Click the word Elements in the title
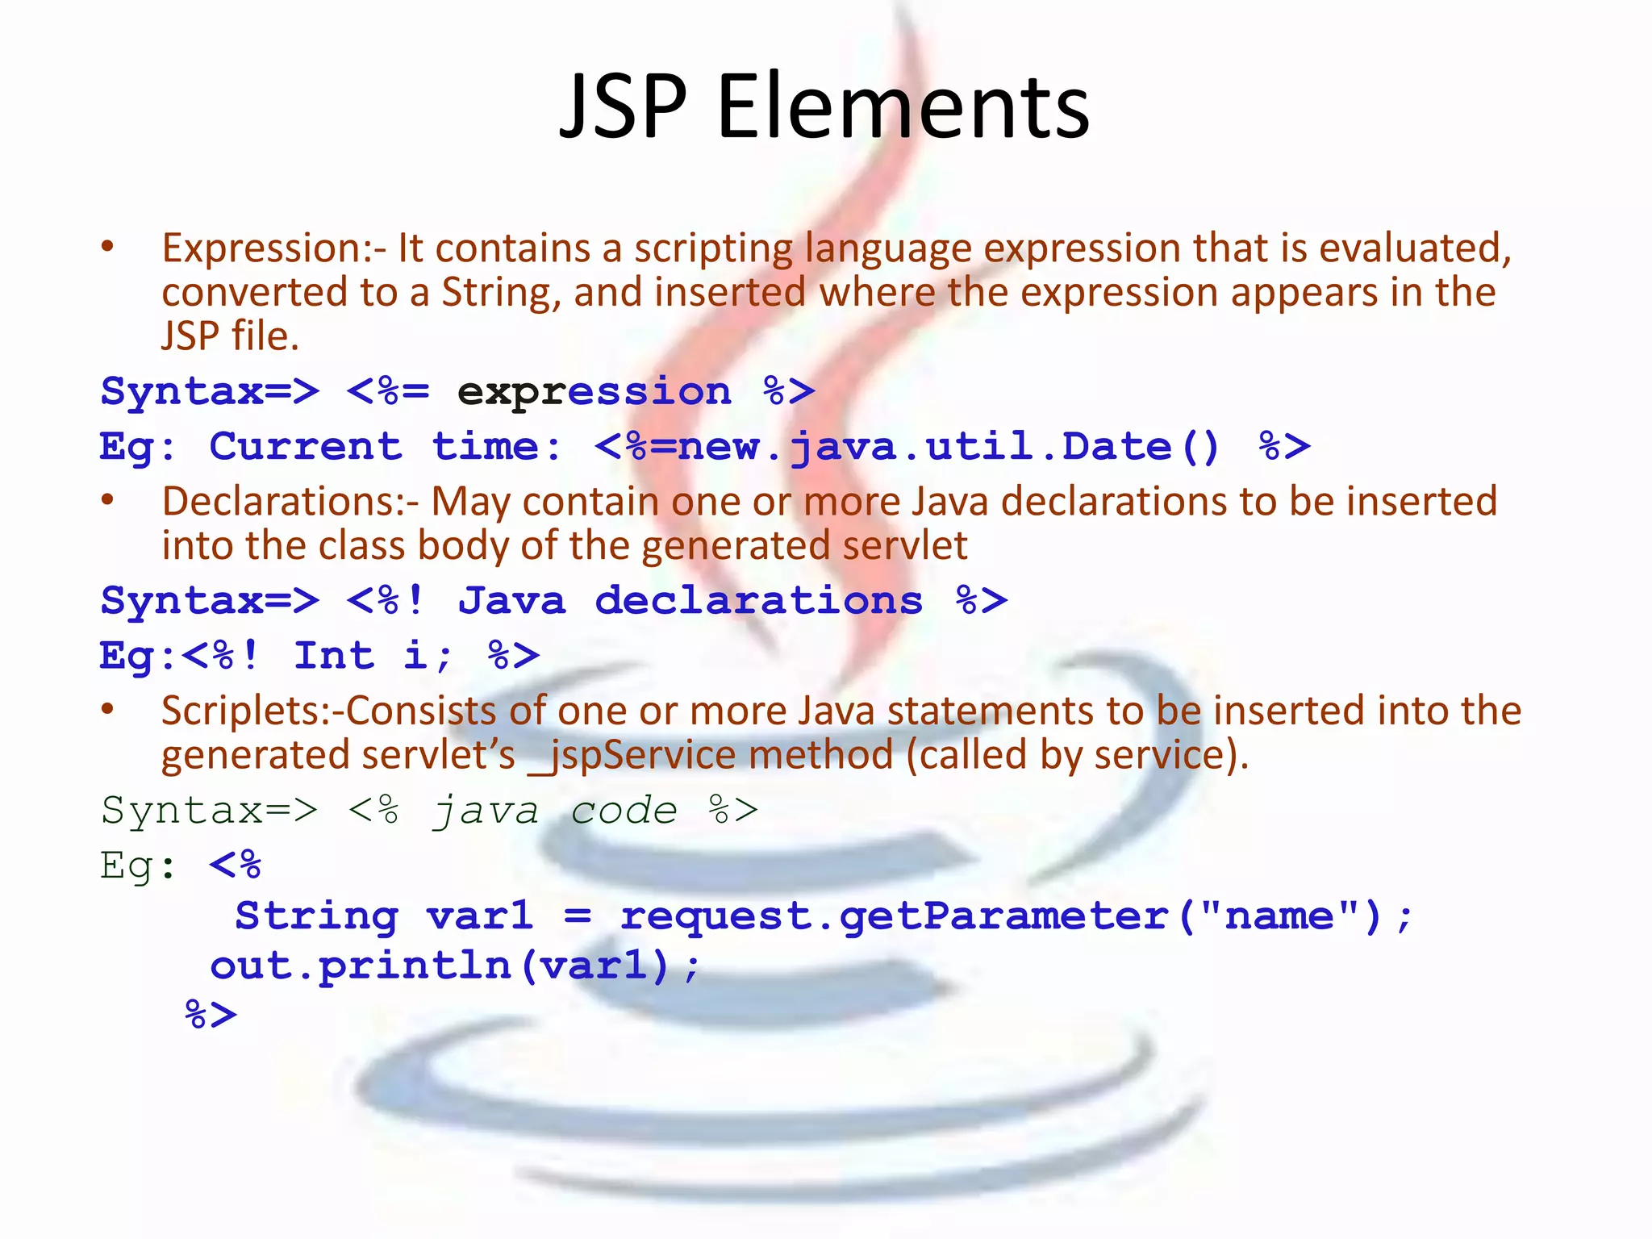pos(903,106)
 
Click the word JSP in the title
pos(624,106)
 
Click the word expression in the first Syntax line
pos(594,392)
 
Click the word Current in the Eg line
pos(306,447)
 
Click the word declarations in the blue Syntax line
pos(758,601)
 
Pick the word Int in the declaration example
pos(334,656)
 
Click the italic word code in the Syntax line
pos(624,811)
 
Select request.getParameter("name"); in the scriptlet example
pos(1015,916)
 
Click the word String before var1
pos(316,916)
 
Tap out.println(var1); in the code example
pos(454,966)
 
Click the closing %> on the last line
pos(211,1015)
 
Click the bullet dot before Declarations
pos(108,500)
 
